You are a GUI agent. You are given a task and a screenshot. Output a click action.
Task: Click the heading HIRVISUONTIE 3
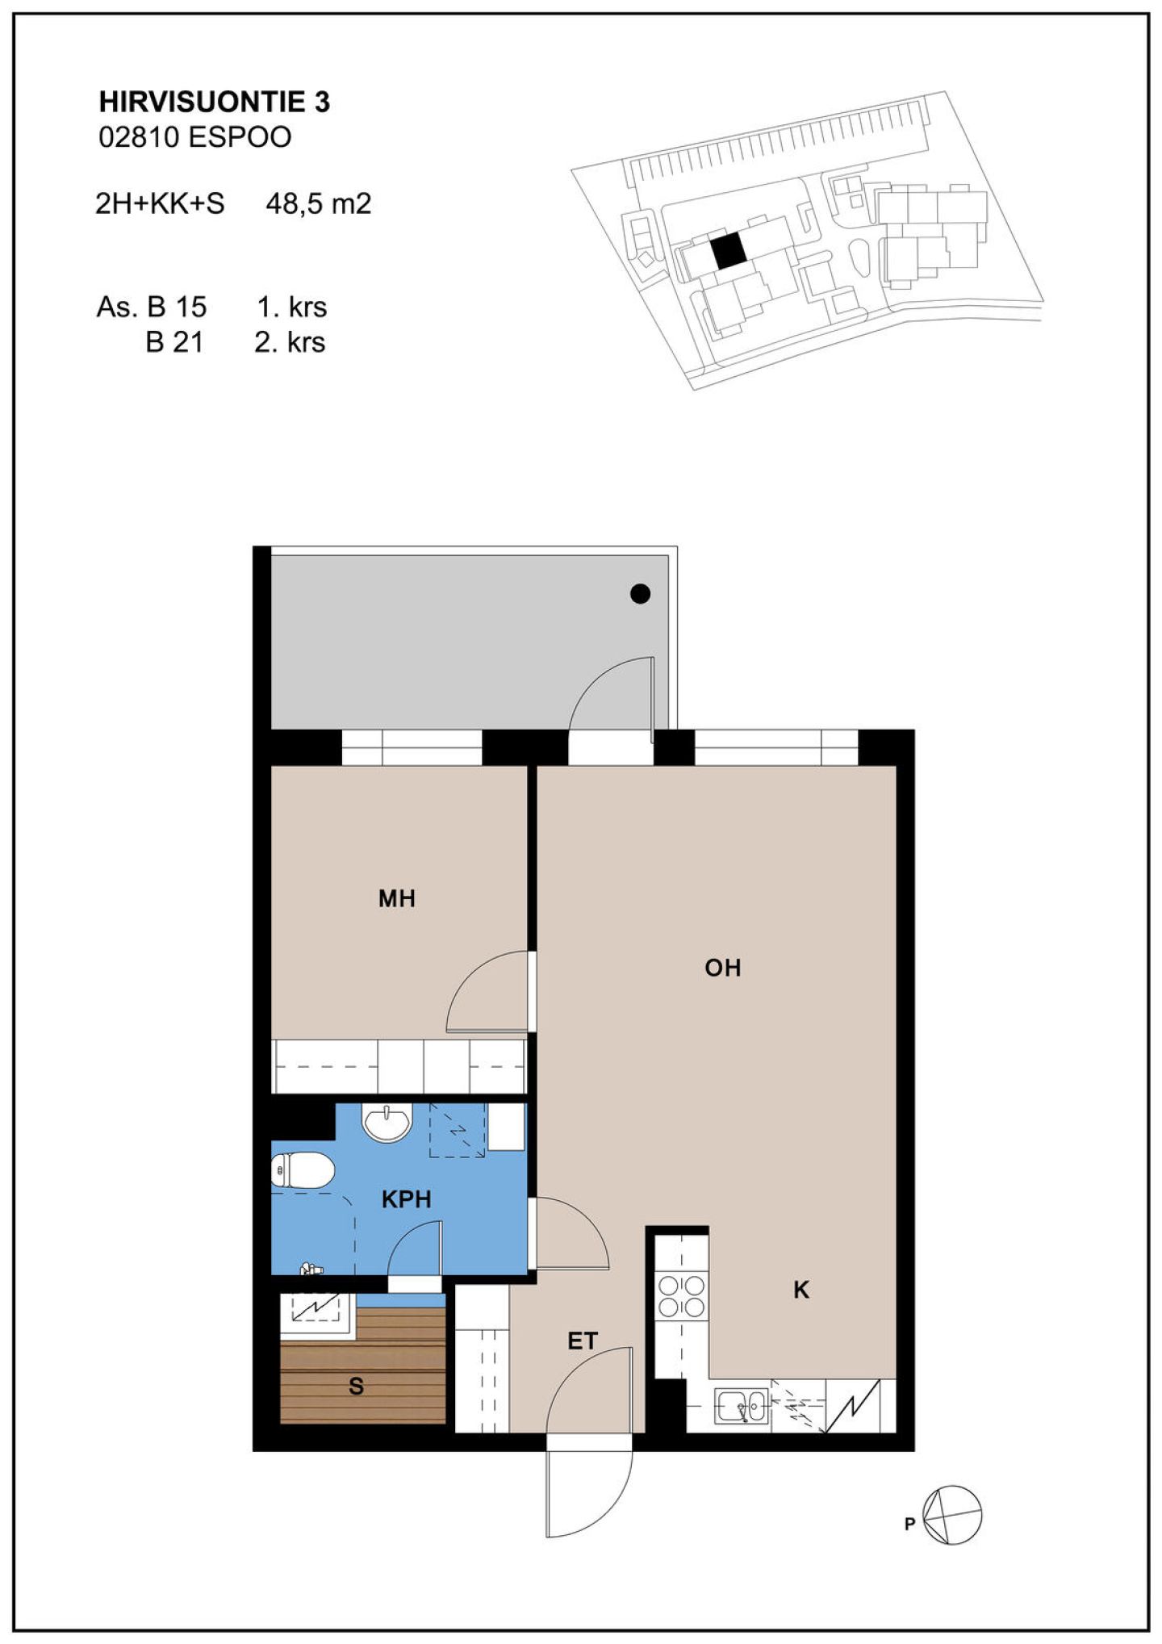coord(214,102)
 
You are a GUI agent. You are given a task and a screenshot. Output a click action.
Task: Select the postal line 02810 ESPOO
coord(194,137)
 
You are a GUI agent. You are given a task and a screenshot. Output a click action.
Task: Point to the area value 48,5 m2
coord(319,203)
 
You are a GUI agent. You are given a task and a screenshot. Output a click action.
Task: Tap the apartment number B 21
coord(174,342)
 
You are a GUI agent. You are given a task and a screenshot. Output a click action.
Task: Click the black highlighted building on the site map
coord(728,252)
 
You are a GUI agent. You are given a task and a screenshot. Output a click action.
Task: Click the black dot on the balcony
coord(640,594)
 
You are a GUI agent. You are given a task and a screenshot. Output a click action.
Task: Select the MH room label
coord(397,898)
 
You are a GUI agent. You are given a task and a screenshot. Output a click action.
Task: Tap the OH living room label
coord(722,968)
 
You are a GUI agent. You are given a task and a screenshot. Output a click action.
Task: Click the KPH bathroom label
coord(406,1199)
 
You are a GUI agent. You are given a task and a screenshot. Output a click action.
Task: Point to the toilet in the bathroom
coord(302,1170)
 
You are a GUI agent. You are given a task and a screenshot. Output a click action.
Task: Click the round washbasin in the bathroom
coord(388,1123)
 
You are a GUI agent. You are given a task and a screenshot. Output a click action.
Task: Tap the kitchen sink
coord(742,1405)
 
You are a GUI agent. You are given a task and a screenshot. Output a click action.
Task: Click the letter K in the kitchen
coord(801,1290)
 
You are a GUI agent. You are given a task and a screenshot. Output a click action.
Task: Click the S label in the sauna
coord(356,1387)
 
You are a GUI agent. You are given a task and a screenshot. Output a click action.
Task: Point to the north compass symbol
coord(953,1515)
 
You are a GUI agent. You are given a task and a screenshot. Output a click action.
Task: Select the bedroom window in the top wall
coord(412,747)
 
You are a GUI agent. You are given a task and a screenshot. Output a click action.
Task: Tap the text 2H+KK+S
coord(160,203)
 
